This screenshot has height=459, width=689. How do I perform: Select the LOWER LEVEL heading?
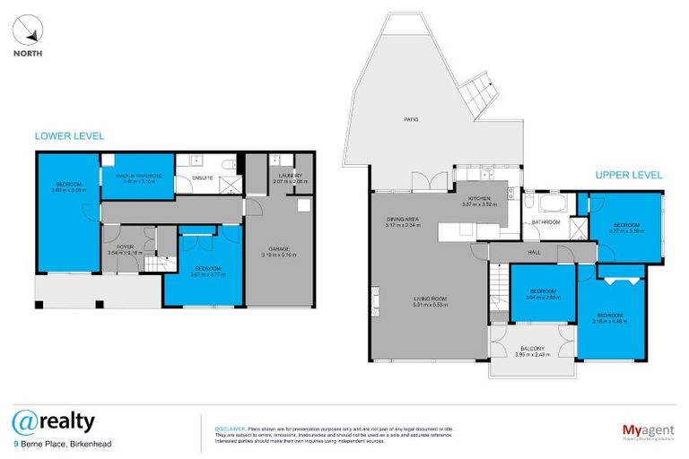pyautogui.click(x=69, y=136)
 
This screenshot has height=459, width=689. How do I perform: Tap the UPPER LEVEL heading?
pyautogui.click(x=628, y=175)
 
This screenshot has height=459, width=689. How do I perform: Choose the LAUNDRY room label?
pyautogui.click(x=290, y=176)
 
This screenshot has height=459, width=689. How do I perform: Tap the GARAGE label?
pyautogui.click(x=279, y=248)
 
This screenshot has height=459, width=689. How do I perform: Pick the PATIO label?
pyautogui.click(x=412, y=118)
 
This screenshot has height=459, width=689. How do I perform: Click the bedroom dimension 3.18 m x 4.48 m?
pyautogui.click(x=609, y=321)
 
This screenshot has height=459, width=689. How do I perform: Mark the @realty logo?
pyautogui.click(x=53, y=420)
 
